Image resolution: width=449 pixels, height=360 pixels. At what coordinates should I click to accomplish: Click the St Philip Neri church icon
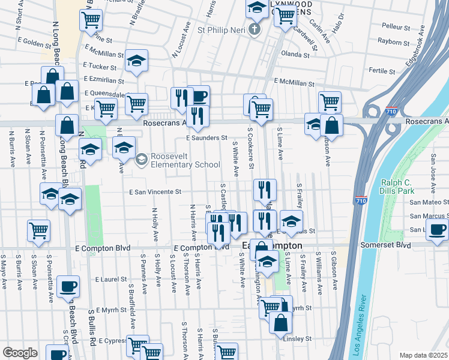click(x=255, y=29)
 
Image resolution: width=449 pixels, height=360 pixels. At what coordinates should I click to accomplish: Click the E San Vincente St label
click(x=155, y=192)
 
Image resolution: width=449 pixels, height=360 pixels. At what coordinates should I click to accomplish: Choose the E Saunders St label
click(x=206, y=138)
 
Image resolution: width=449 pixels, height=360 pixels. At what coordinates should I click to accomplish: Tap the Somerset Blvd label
click(x=385, y=245)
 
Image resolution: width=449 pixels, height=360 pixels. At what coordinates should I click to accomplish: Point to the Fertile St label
click(x=382, y=71)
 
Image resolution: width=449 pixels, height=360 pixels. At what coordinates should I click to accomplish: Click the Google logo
click(x=20, y=353)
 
